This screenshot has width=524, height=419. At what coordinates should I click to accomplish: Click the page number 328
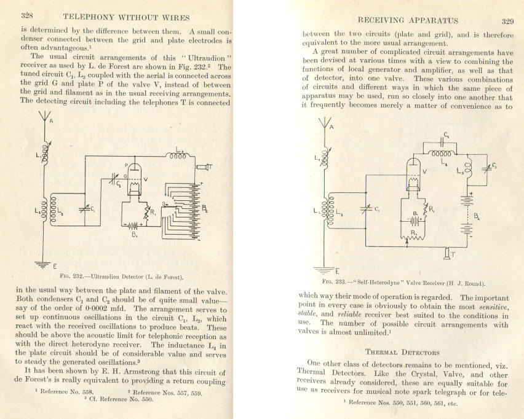[x=26, y=15]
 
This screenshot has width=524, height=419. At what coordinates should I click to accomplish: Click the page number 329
[x=507, y=22]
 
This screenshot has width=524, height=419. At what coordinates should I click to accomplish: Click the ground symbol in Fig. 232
[x=42, y=265]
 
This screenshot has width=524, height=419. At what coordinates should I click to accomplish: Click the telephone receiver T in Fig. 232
[x=204, y=166]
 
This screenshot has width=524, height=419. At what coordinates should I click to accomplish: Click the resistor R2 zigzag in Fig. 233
[x=413, y=237]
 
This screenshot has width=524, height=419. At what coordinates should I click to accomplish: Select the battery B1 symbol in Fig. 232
[x=133, y=225]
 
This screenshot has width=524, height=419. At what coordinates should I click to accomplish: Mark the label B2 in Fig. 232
[x=205, y=209]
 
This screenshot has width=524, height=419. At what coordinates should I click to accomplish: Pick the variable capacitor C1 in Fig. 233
[x=367, y=209]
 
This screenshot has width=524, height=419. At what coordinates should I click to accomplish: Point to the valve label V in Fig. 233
[x=424, y=171]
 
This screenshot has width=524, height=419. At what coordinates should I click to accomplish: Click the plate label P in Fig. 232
[x=126, y=165]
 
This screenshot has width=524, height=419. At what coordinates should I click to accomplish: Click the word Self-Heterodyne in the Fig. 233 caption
[x=376, y=283]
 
